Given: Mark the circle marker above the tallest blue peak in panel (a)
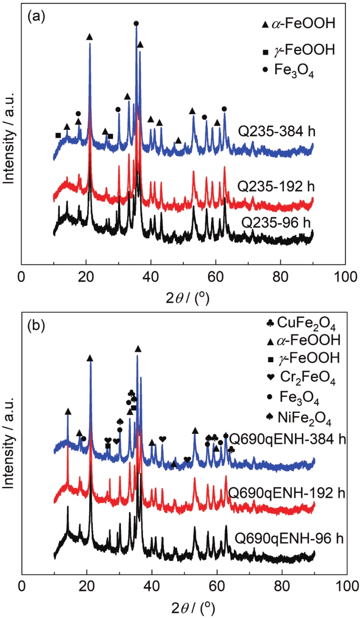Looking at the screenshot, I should (136, 23).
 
